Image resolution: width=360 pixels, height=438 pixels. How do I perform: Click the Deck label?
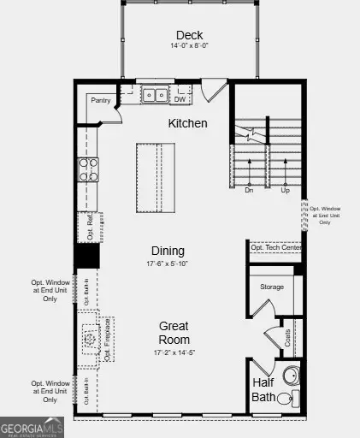click(189, 35)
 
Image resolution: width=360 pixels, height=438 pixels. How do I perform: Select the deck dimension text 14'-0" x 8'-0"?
click(189, 48)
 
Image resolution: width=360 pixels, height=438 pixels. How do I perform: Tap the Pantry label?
click(101, 100)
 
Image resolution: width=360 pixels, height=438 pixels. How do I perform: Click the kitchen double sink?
click(155, 96)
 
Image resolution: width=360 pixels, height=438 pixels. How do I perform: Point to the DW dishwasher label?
click(180, 100)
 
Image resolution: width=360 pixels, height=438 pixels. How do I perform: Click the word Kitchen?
click(187, 123)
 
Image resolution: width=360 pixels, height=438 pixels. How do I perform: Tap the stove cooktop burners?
click(88, 169)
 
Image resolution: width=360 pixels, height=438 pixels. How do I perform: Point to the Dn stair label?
click(249, 192)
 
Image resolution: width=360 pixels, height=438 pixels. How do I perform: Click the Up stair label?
click(286, 192)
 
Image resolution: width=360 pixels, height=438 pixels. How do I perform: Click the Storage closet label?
click(271, 287)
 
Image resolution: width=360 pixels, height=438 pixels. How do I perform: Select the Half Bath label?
click(263, 390)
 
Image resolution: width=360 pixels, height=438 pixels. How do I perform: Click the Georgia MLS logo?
click(32, 425)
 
